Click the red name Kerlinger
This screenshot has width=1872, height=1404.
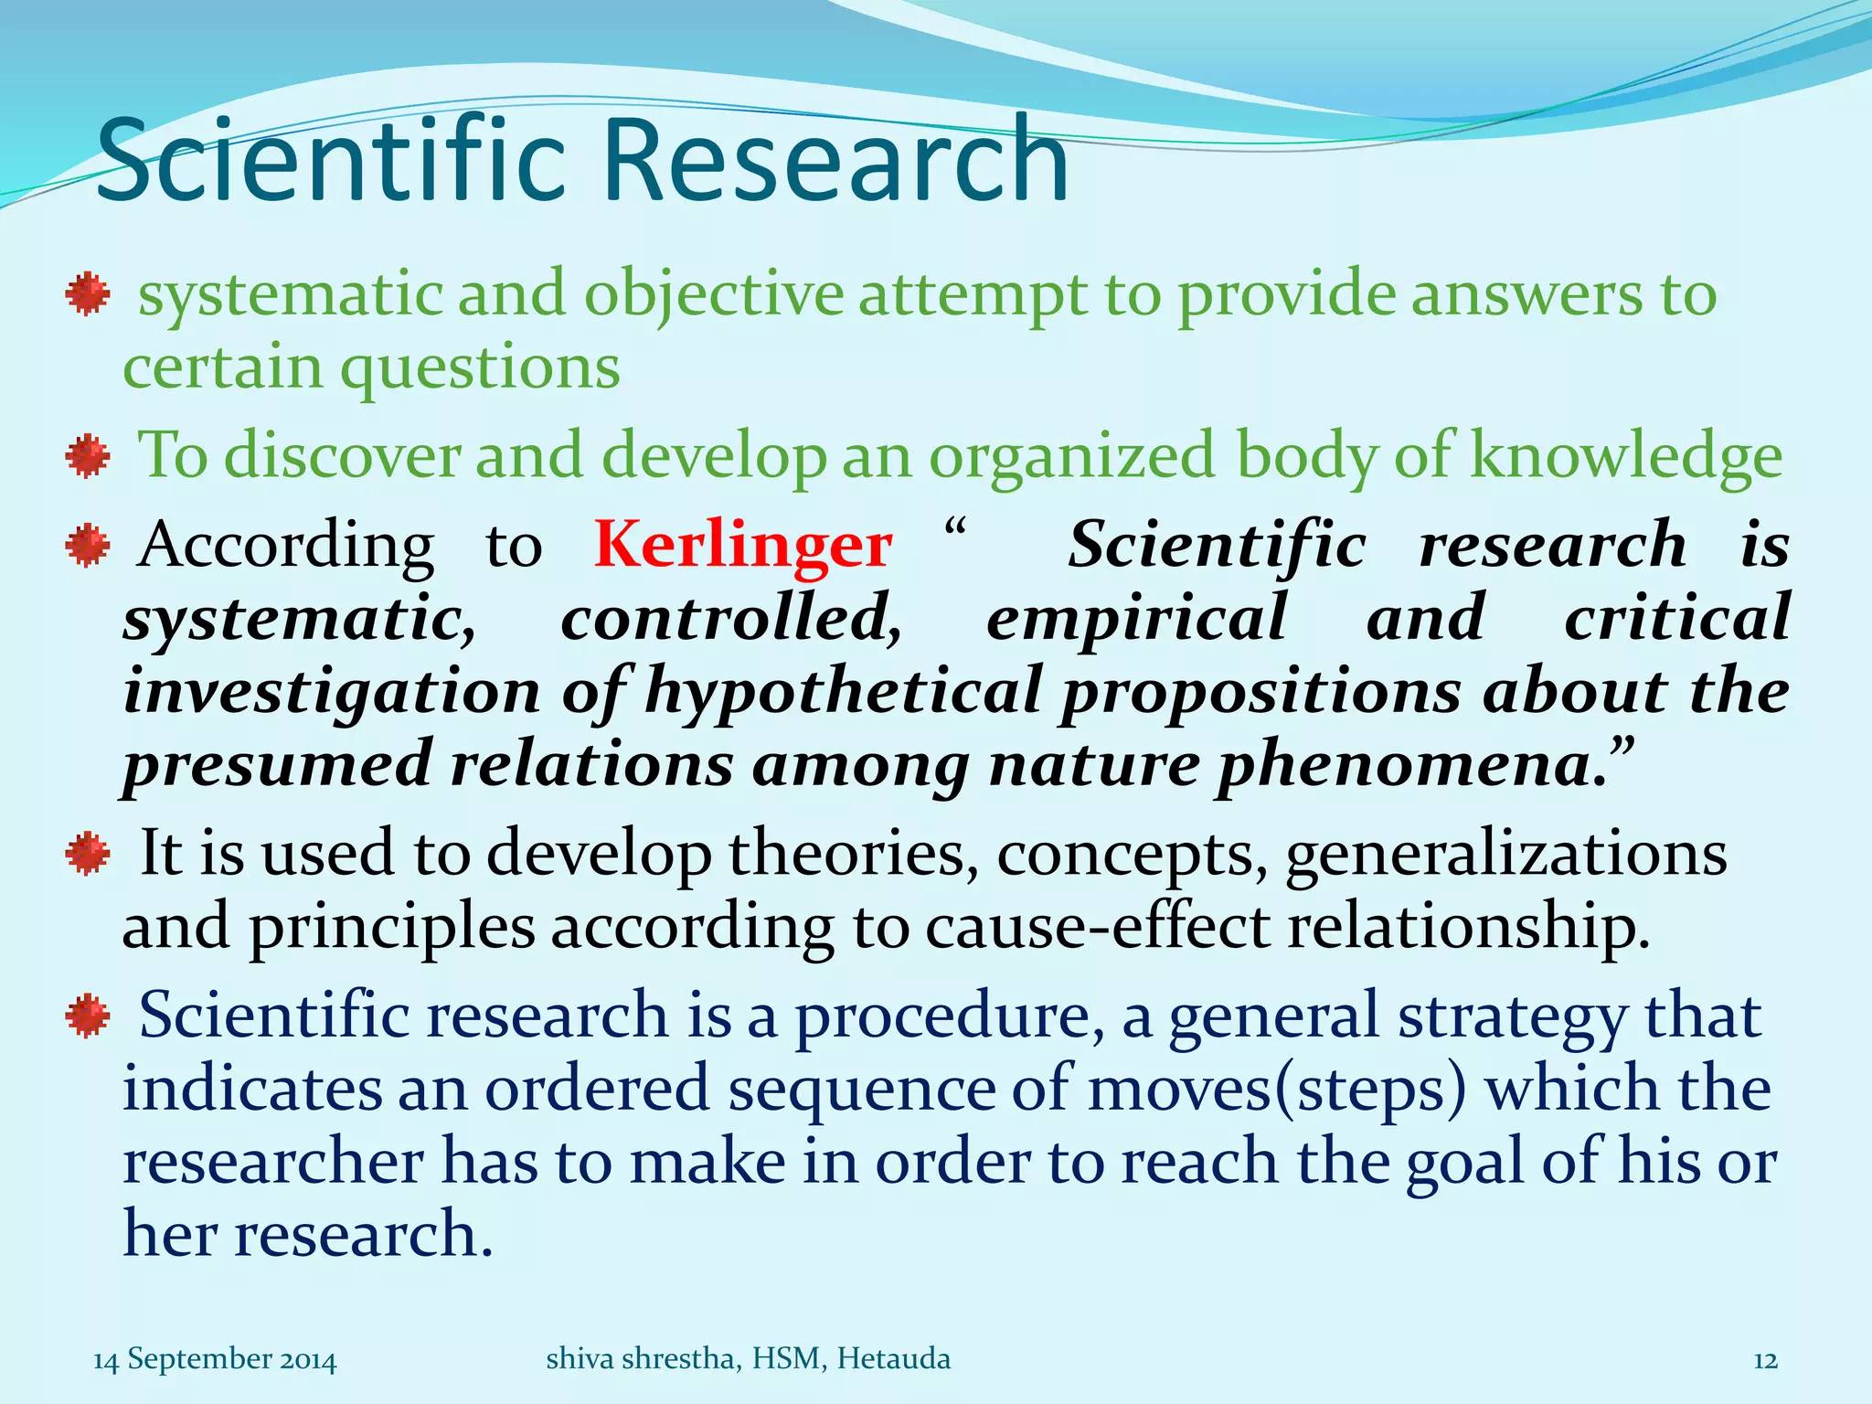click(x=742, y=545)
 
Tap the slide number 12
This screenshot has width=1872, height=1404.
click(x=1765, y=1360)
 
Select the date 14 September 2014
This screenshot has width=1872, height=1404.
click(x=215, y=1359)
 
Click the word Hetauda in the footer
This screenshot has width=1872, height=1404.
click(x=893, y=1359)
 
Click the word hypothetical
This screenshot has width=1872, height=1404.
click(x=843, y=692)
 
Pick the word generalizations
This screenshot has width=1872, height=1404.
click(x=1505, y=854)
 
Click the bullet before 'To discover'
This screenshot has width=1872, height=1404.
click(x=88, y=456)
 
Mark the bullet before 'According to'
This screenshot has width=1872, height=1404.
click(x=88, y=546)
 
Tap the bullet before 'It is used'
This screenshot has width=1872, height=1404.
click(x=88, y=855)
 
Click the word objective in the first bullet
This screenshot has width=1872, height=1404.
click(x=714, y=295)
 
